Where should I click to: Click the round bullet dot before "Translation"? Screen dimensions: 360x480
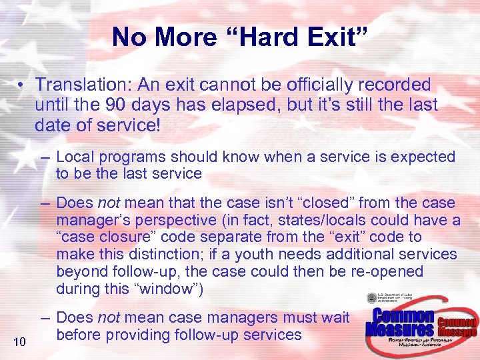click(x=23, y=85)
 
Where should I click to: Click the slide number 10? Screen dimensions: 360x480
click(x=20, y=342)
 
